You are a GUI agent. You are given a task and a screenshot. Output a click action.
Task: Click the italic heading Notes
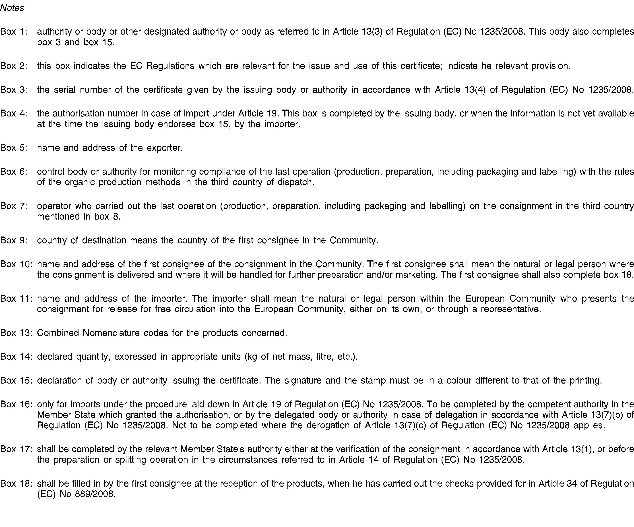12,8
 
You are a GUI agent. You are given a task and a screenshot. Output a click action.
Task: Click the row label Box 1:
14,31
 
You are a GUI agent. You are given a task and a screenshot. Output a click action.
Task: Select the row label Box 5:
14,148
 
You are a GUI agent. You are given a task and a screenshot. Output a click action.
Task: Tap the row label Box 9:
14,240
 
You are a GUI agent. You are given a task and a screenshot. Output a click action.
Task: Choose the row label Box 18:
16,483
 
